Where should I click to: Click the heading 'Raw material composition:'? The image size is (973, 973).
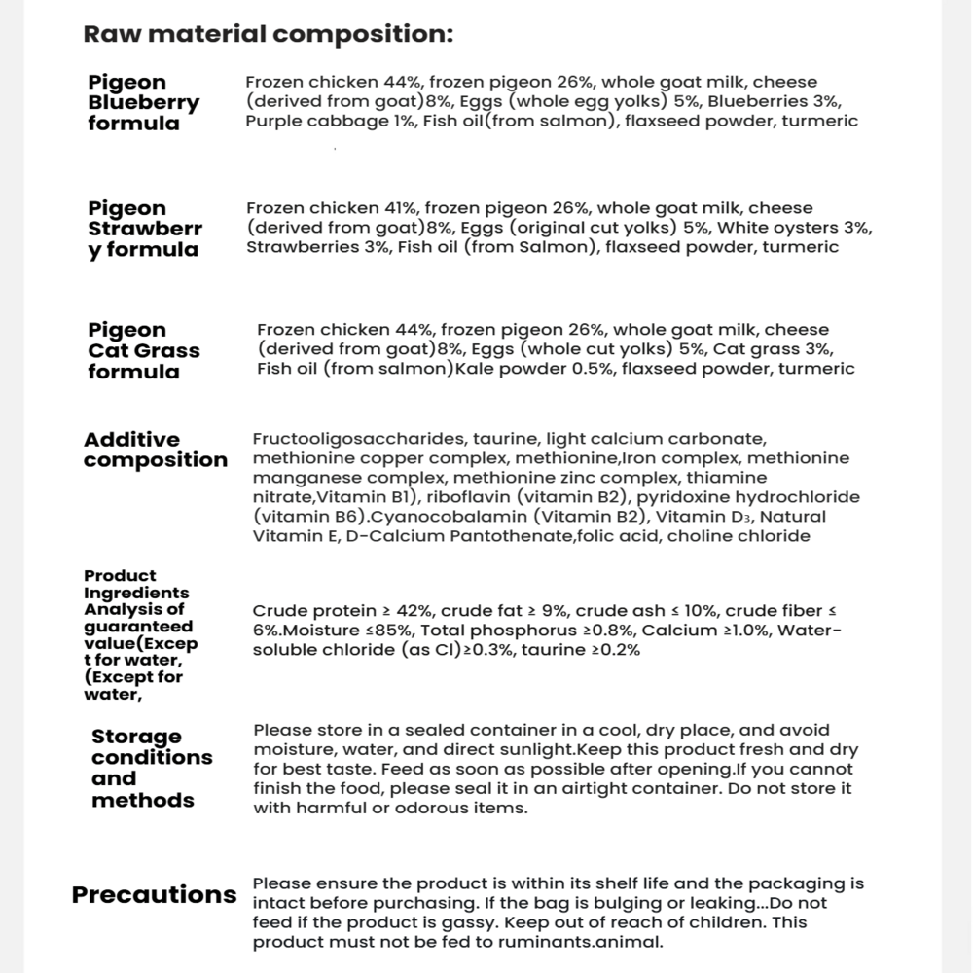(x=269, y=35)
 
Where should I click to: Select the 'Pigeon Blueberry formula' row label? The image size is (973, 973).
(x=143, y=102)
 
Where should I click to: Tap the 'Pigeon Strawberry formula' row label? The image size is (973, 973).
(x=145, y=229)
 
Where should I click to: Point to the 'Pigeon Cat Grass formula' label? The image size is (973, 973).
(x=143, y=350)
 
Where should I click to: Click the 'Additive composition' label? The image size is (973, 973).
(x=155, y=450)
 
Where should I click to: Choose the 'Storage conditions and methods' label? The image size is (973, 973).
(x=152, y=768)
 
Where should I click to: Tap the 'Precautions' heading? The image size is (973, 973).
(x=154, y=895)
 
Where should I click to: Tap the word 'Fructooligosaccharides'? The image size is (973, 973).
(x=346, y=439)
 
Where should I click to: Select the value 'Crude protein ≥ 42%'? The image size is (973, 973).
(x=342, y=611)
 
